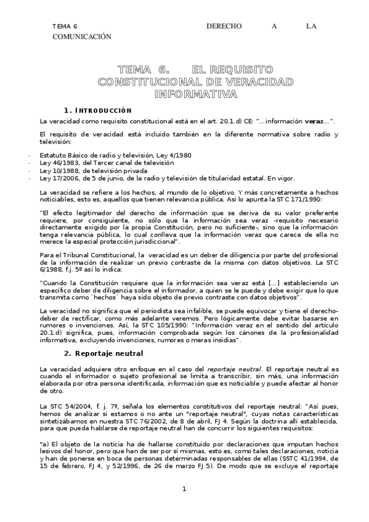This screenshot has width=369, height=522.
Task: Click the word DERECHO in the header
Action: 224,26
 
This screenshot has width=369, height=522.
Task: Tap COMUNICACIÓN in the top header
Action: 82,36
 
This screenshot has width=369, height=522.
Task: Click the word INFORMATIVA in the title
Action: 195,94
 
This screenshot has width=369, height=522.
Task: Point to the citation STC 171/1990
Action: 312,200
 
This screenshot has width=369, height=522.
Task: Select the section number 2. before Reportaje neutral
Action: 86,353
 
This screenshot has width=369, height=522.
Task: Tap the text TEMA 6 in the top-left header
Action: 65,26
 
